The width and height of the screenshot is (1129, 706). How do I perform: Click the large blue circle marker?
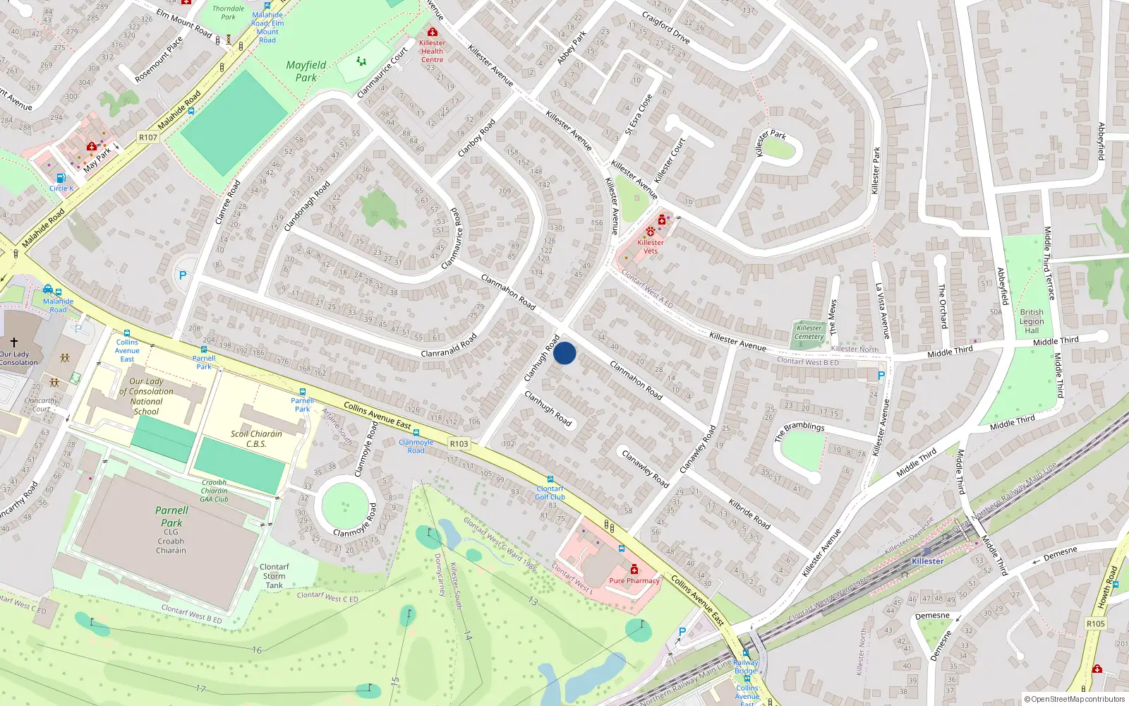click(564, 353)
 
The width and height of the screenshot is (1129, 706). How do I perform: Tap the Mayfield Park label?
click(306, 71)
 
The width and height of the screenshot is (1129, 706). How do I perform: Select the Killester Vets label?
click(650, 246)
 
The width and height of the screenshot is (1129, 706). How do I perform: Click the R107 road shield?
click(148, 138)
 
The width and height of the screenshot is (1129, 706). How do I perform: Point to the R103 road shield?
click(459, 444)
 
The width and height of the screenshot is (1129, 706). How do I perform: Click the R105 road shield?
click(1095, 623)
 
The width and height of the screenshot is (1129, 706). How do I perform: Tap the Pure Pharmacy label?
click(634, 581)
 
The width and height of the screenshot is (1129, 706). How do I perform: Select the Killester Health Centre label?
click(432, 51)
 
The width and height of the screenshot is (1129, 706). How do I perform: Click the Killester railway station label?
click(927, 561)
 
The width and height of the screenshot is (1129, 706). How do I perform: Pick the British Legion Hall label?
click(1032, 321)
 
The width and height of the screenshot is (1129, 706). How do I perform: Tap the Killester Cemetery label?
click(809, 332)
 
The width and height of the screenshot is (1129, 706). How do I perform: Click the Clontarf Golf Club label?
click(550, 493)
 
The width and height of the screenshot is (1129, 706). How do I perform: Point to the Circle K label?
click(61, 189)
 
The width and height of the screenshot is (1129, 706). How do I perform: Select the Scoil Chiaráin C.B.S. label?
click(256, 439)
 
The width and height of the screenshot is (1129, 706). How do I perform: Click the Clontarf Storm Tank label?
click(274, 576)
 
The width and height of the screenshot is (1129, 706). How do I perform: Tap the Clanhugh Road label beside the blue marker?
click(542, 359)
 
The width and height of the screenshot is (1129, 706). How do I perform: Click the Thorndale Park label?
click(228, 13)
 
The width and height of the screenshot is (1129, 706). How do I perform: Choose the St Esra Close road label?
click(639, 114)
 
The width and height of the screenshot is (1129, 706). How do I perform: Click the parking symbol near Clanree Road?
click(183, 276)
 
